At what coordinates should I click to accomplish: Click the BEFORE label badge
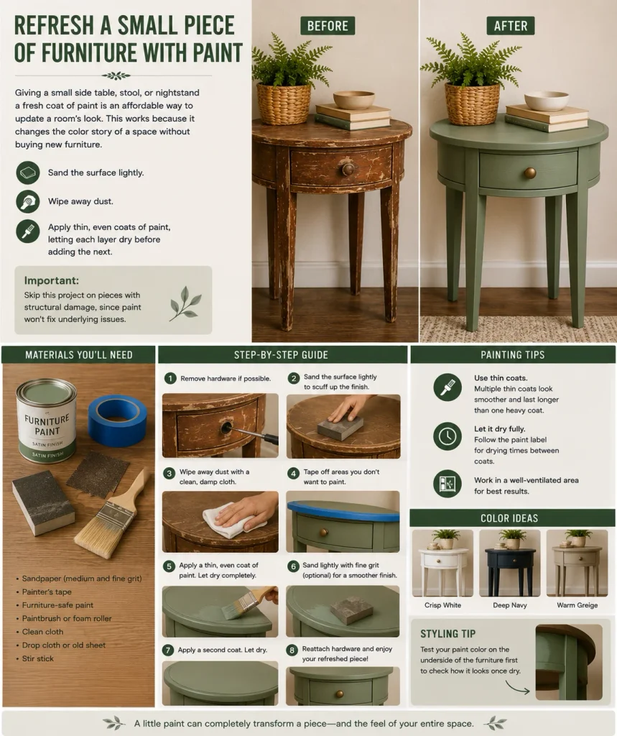coord(328,26)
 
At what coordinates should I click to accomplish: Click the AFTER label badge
coord(511,26)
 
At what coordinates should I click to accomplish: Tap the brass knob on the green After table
coord(529,172)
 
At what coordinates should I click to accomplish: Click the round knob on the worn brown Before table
coord(348,169)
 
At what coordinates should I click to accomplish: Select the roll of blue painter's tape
coord(117,420)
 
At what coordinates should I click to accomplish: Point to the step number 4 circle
coord(293,474)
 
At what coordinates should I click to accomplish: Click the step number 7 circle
coord(168,650)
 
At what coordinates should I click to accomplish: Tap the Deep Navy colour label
coord(509,605)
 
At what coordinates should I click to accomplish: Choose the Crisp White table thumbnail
coord(442,563)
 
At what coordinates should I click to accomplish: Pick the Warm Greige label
coord(577,605)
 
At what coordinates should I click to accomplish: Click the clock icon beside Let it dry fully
coord(447,436)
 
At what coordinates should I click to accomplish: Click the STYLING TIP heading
coord(447,634)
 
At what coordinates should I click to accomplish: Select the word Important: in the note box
coord(52,281)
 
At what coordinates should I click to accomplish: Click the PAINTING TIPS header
coord(512,355)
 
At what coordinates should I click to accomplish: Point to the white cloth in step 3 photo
coord(226,520)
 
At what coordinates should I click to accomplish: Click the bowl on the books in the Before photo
coord(354,100)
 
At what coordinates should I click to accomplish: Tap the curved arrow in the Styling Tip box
coord(518,688)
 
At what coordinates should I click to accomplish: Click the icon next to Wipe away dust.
coord(28,201)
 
